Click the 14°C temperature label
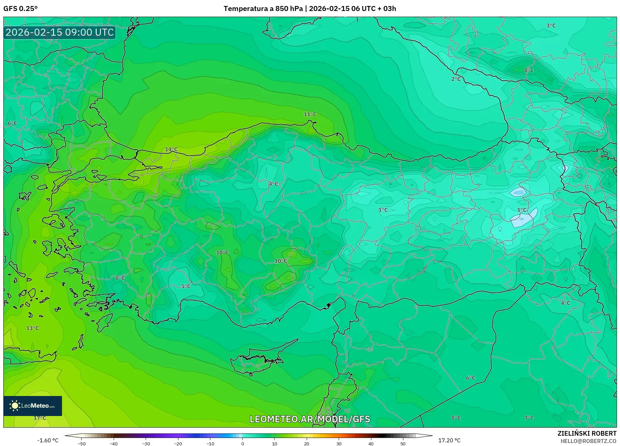click(171, 149)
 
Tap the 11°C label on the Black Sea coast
click(310, 114)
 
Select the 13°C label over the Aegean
click(32, 328)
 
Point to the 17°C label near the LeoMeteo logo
click(40, 418)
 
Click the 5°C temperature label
click(186, 286)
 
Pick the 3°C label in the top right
click(551, 26)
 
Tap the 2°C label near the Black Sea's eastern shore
click(456, 79)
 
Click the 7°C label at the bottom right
click(529, 418)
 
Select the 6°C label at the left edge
click(12, 123)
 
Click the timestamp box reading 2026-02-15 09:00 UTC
click(60, 32)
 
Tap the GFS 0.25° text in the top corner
click(20, 9)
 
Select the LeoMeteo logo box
click(33, 406)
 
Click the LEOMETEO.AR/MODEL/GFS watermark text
click(310, 419)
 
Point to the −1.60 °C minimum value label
click(48, 440)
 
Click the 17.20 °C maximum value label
click(449, 440)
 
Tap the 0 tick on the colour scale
click(242, 444)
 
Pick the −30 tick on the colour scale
click(146, 444)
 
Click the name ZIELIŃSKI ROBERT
click(587, 433)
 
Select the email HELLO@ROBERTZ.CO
click(588, 441)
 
